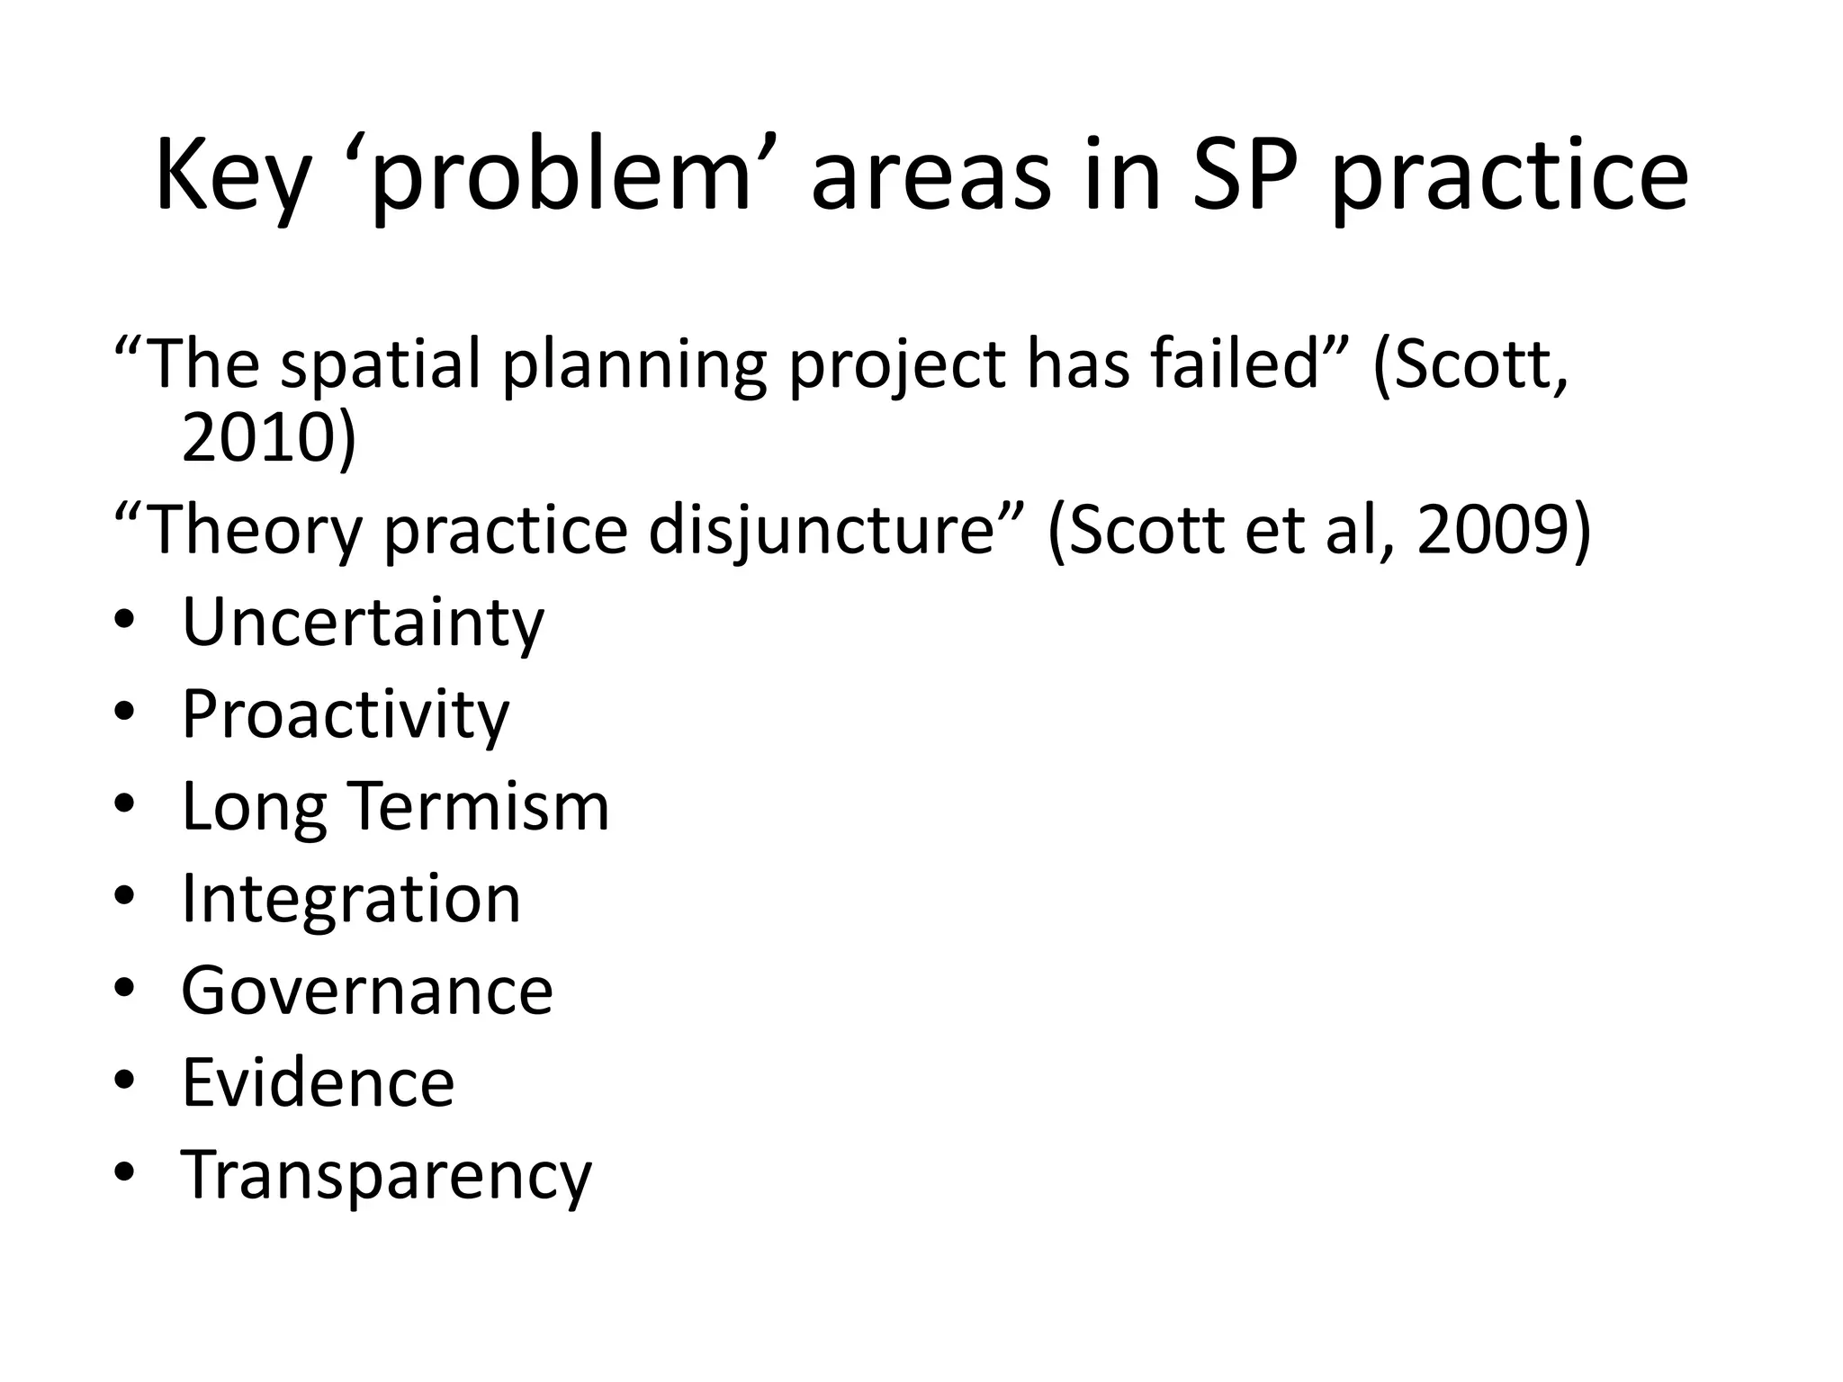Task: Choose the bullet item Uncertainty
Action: pyautogui.click(x=363, y=623)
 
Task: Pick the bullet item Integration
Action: pyautogui.click(x=351, y=900)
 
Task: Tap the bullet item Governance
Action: pyautogui.click(x=367, y=991)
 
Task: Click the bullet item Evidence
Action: pyautogui.click(x=318, y=1082)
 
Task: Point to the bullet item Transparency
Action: pyautogui.click(x=387, y=1175)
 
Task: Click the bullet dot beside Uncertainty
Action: pyautogui.click(x=125, y=622)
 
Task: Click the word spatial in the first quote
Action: pyautogui.click(x=380, y=364)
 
